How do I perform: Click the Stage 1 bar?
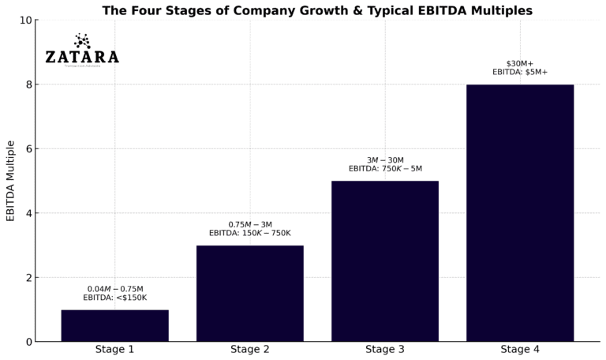coord(114,325)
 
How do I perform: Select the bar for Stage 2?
coord(249,293)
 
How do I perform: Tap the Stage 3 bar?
coord(384,261)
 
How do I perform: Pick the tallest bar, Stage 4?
coord(519,212)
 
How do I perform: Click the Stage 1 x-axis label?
coord(114,349)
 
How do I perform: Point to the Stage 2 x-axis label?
coord(249,349)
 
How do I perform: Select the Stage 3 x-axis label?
coord(384,349)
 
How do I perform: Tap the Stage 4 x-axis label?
coord(519,349)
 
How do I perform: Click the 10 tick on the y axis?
coord(27,20)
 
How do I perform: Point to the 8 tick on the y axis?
coord(29,84)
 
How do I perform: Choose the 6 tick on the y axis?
coord(29,148)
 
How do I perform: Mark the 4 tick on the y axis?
coord(29,213)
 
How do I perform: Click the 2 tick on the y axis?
coord(29,277)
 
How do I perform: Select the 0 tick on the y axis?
coord(29,342)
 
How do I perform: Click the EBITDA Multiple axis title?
coord(10,181)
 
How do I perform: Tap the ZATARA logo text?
coord(82,57)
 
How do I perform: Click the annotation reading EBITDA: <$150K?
coord(114,298)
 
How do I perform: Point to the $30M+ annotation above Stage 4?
coord(519,63)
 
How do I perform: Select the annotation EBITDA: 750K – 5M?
coord(385,168)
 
